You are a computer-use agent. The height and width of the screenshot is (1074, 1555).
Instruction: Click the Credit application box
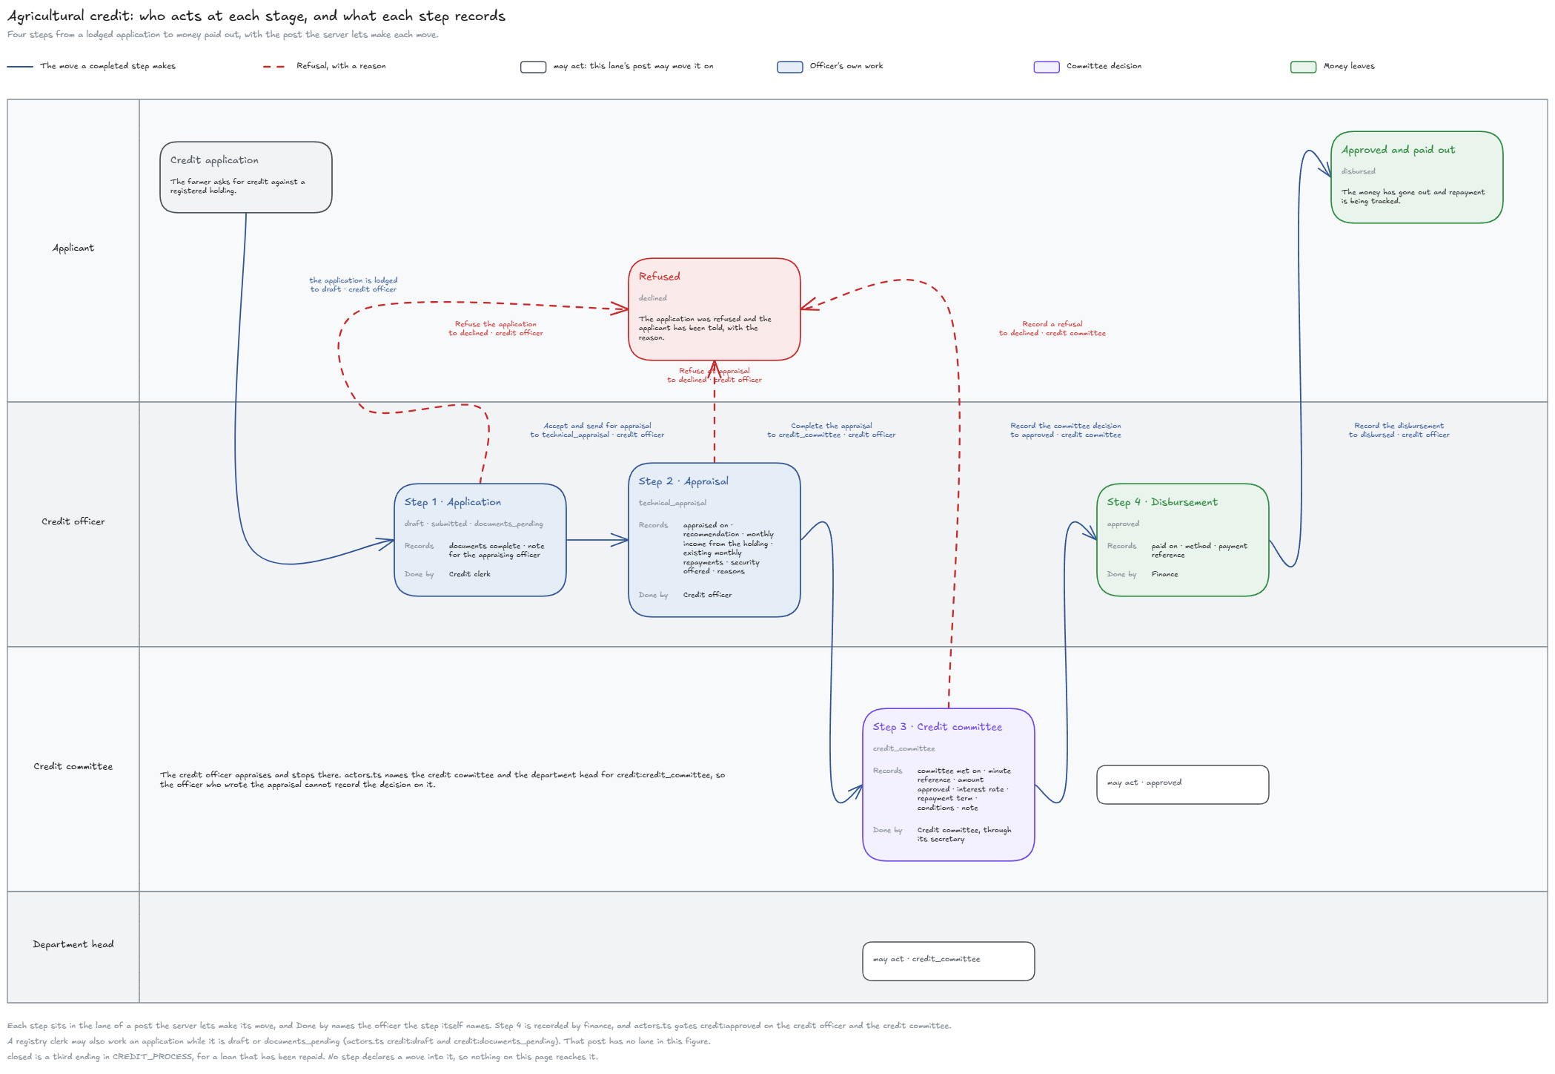[246, 177]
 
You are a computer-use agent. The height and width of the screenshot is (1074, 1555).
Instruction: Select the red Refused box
[714, 309]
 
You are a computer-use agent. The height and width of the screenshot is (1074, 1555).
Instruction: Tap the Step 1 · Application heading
[453, 502]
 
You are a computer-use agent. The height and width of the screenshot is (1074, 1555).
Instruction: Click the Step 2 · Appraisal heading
[683, 481]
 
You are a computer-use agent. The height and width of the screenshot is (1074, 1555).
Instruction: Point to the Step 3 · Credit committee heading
[938, 727]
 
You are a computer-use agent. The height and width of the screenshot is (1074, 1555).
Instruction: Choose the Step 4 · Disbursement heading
[1162, 502]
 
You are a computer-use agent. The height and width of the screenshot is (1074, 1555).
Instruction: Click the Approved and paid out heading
[1399, 150]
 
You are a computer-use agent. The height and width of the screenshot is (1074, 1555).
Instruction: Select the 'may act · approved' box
[1183, 785]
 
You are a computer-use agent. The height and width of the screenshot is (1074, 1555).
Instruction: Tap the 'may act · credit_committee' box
[949, 961]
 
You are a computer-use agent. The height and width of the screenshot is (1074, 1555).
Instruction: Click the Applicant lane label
[73, 248]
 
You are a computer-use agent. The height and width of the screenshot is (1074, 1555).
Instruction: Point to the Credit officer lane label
[73, 521]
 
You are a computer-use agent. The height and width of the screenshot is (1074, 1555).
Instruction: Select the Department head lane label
[73, 944]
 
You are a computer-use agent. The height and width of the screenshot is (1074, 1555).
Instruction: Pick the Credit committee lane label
[73, 766]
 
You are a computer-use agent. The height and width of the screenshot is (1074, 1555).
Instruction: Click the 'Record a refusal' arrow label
[1052, 324]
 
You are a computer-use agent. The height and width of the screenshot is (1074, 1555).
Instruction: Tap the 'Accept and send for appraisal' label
[597, 426]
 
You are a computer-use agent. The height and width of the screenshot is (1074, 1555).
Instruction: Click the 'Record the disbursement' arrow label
[1399, 426]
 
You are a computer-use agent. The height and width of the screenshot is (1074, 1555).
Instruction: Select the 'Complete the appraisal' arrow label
[832, 426]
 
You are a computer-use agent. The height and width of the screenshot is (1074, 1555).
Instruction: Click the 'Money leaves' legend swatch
[1303, 67]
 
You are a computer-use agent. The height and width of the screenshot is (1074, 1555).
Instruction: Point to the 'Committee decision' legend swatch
[1047, 67]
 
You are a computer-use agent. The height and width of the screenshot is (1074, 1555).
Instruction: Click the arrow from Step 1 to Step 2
[597, 540]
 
